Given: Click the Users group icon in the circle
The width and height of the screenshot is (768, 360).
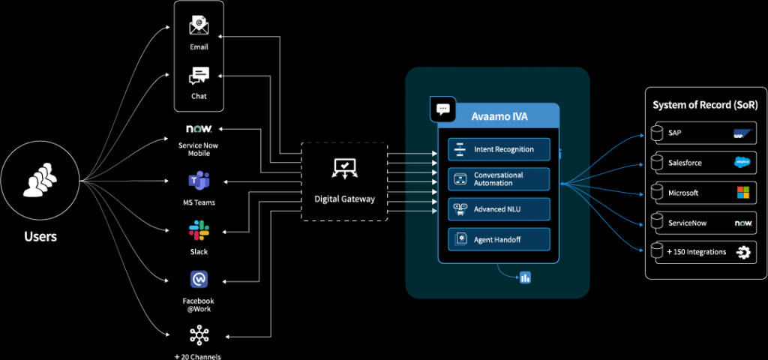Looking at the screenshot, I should coord(40,181).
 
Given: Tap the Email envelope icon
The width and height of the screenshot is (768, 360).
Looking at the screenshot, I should coord(199,25).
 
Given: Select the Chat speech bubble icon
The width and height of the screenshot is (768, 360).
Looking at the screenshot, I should coord(199,76).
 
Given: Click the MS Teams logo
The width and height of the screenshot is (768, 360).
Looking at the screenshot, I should coord(199,181).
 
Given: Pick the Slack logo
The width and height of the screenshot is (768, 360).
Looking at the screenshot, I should coord(199,230).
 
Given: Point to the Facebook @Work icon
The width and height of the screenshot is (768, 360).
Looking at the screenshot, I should coord(199,280).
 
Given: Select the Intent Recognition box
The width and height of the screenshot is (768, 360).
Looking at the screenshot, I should coord(499,149).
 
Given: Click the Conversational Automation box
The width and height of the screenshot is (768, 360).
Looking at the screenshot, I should coord(499,179).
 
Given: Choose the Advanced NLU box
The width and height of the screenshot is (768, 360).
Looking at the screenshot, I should coord(499,209).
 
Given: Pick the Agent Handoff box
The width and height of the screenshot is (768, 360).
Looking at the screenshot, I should coord(499,239).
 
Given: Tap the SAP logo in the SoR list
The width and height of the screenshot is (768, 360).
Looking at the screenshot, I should coord(742,134).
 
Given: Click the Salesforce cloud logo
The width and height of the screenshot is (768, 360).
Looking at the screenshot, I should coord(742,162).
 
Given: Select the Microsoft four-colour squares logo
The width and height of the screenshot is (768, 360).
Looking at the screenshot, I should coord(742,193).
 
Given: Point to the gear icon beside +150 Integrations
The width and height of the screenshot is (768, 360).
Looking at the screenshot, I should coord(743,253).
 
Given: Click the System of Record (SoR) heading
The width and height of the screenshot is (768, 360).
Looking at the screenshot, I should coord(705,105).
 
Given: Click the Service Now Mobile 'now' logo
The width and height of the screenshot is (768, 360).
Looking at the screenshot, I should coord(199,129).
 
